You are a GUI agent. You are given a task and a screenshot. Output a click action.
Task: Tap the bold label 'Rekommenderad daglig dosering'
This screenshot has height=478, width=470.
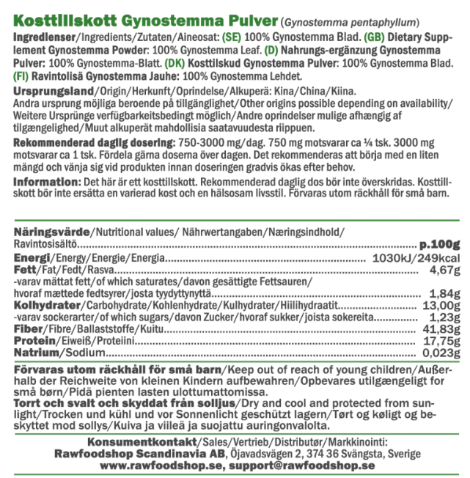point(96,142)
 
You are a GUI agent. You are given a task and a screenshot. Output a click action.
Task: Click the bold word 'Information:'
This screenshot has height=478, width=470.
point(48,180)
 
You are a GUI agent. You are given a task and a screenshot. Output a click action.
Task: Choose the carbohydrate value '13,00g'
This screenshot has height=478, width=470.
point(441,306)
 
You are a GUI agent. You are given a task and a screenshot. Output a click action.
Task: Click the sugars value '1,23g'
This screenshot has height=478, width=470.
point(444,318)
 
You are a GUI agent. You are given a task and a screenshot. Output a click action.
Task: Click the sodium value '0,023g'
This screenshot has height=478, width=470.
point(439,353)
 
